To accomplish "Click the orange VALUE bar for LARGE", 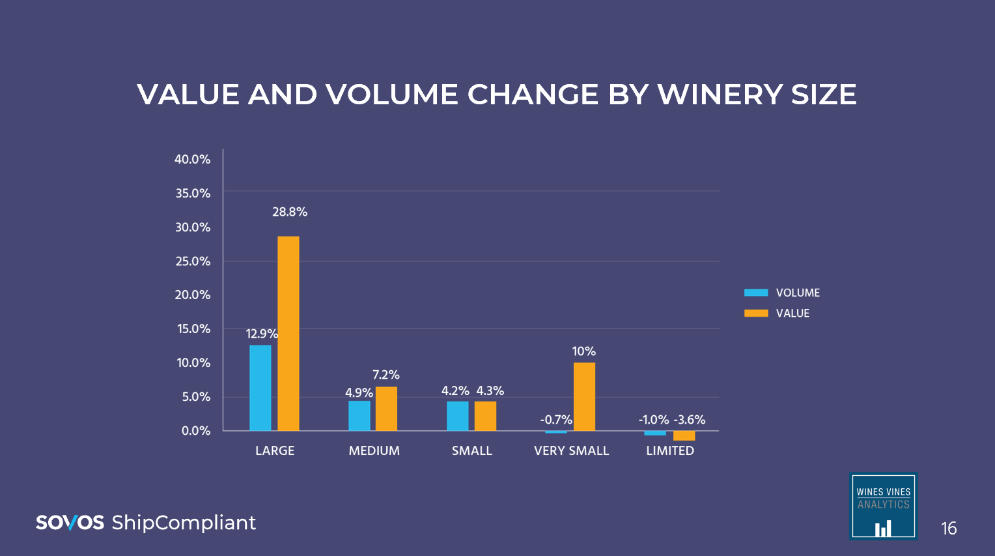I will [x=288, y=333].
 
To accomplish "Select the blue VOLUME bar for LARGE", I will [x=260, y=388].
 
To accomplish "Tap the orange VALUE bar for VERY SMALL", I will [x=584, y=396].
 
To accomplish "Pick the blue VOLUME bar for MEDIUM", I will [x=359, y=416].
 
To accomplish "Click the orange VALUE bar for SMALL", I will [x=485, y=416].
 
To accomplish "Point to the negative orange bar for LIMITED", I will [x=684, y=435].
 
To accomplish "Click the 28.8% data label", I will [x=290, y=212].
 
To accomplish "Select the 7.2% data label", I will [x=386, y=375].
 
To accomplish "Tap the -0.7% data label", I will [x=556, y=420].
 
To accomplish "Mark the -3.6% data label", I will [x=690, y=420].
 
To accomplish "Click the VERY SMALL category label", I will [x=571, y=450].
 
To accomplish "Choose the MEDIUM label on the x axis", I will [x=374, y=450].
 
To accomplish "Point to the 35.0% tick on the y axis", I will [x=193, y=194].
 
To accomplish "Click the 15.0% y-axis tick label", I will [x=194, y=329].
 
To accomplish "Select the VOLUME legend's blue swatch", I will [x=756, y=293].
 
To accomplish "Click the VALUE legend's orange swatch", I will [x=756, y=313].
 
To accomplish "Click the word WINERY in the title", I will [x=720, y=95].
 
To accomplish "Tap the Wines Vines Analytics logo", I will [x=883, y=506].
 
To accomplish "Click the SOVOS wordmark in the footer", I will [x=70, y=523].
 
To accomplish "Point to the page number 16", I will [x=949, y=528].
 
